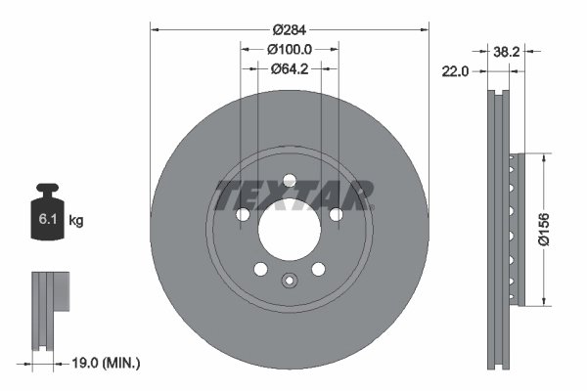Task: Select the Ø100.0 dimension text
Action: point(289,49)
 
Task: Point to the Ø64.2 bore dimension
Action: point(289,68)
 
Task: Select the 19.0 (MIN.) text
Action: point(109,363)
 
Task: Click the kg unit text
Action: point(76,222)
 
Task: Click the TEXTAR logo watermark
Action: point(293,195)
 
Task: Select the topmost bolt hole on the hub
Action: point(289,179)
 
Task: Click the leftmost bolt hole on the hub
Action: point(242,214)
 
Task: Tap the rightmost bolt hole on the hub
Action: point(336,214)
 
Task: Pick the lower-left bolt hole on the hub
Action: point(259,269)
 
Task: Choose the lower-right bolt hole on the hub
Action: point(318,269)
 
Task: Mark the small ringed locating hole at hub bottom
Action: point(289,282)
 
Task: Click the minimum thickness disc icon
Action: point(51,308)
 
